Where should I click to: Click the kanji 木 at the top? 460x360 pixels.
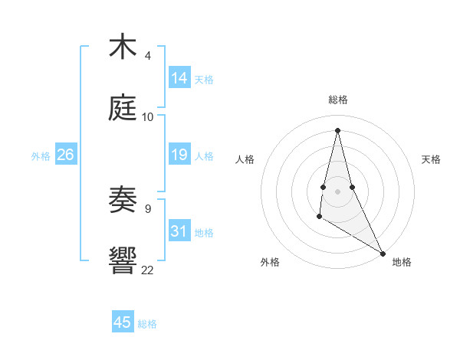click(123, 47)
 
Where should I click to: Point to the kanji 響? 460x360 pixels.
click(123, 260)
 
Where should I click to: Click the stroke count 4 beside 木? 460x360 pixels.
click(147, 56)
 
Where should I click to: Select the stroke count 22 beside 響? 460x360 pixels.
click(147, 269)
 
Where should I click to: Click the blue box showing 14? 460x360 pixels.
click(179, 78)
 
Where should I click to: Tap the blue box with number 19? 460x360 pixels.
click(179, 155)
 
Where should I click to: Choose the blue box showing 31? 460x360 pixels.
click(179, 231)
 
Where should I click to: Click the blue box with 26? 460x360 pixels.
click(65, 155)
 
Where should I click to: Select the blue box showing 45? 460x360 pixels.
click(123, 322)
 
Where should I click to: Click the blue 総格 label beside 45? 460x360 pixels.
click(147, 324)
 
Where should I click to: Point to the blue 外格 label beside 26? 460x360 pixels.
click(41, 156)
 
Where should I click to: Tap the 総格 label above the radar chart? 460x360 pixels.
click(338, 100)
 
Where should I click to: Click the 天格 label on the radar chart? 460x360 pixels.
click(431, 159)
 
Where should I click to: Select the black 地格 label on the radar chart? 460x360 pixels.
click(402, 262)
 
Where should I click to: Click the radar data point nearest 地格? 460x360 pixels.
click(383, 253)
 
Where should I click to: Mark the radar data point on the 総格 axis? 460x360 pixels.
click(337, 129)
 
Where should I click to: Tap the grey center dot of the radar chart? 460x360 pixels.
click(337, 191)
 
